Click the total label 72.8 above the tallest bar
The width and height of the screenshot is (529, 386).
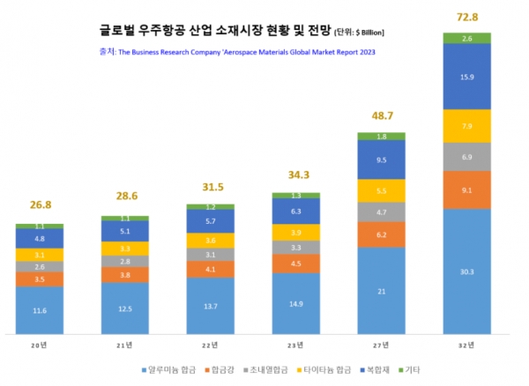[x=467, y=17]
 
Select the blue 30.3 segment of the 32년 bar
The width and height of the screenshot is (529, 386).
[x=467, y=272]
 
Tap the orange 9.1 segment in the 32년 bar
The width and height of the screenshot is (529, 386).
[x=467, y=189]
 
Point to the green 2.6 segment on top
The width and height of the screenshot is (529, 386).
[x=467, y=38]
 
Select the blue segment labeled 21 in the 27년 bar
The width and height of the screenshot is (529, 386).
[x=381, y=291]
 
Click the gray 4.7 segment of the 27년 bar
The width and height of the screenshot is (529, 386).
[x=381, y=212]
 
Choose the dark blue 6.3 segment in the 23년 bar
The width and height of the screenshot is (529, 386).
[x=295, y=212]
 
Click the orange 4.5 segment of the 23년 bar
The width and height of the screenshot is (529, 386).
[x=295, y=264]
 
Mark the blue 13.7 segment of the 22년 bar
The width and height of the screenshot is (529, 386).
[x=210, y=305]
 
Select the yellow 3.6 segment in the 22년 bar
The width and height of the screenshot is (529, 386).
[x=210, y=240]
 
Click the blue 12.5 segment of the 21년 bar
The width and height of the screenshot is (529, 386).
[x=124, y=308]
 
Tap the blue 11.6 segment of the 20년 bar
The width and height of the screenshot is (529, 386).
[x=39, y=311]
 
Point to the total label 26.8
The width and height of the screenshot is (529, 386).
[x=39, y=205]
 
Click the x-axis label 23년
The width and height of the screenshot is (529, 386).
[x=295, y=347]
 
